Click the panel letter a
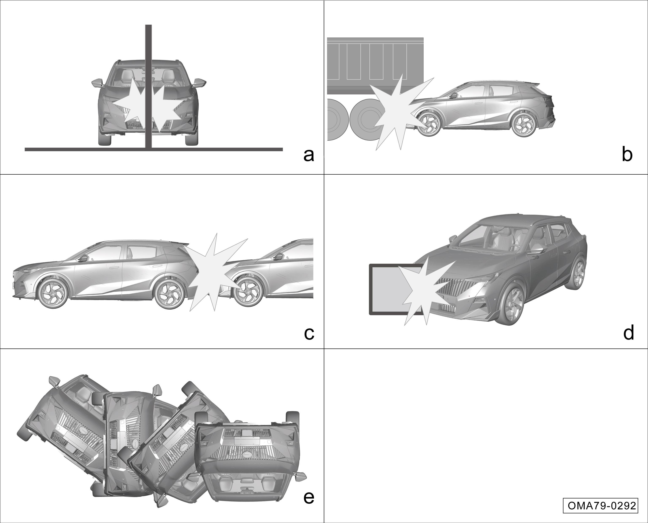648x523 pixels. click(309, 155)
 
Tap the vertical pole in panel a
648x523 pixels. click(148, 86)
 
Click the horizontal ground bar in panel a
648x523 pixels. click(154, 149)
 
